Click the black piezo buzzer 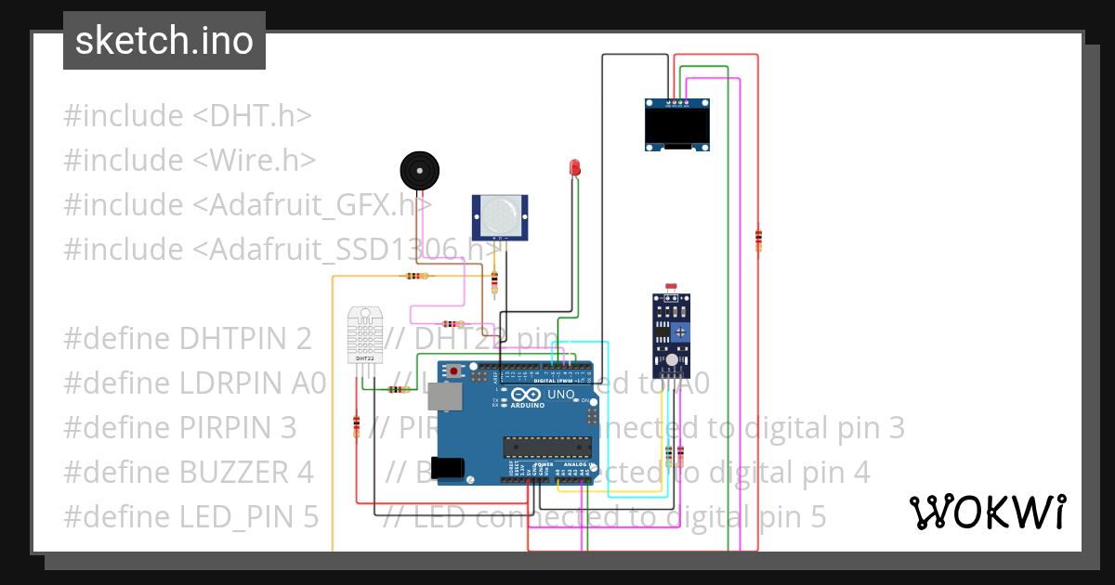click(418, 170)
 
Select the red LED click(575, 168)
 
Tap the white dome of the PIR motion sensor click(500, 215)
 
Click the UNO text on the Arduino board click(560, 395)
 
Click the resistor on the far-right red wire click(758, 239)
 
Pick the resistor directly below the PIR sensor click(494, 280)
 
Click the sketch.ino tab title click(164, 41)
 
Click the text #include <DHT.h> click(187, 116)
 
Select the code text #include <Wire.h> click(190, 161)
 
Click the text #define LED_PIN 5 click(190, 516)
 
